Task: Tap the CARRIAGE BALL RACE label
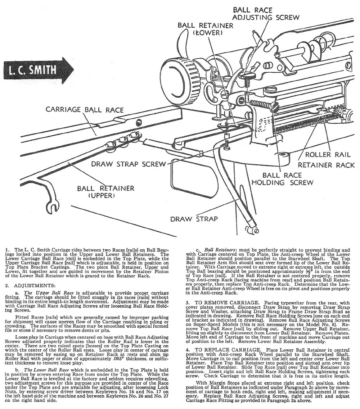click(85, 110)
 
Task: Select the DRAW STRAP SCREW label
click(129, 164)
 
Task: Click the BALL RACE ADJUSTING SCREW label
click(266, 13)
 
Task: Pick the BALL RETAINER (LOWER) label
click(205, 29)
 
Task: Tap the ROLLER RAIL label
click(328, 155)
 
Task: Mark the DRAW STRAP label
click(194, 219)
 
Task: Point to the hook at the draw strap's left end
click(53, 206)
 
